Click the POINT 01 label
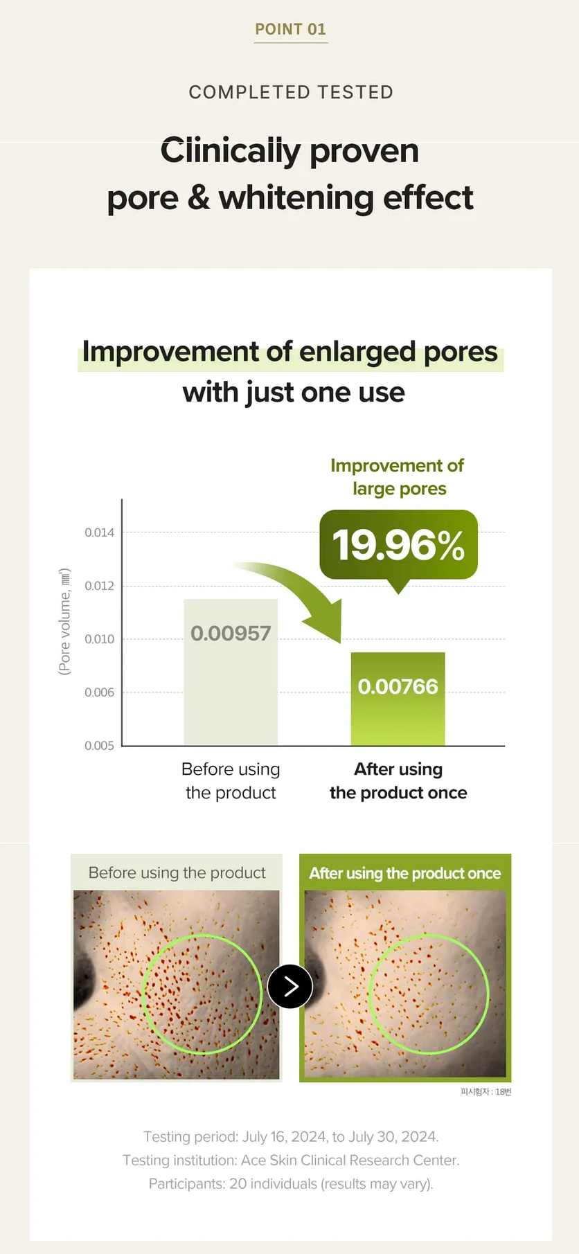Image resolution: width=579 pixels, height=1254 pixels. pyautogui.click(x=290, y=29)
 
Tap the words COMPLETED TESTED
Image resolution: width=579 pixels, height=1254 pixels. pyautogui.click(x=291, y=92)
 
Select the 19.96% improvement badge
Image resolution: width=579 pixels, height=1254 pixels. pyautogui.click(x=398, y=545)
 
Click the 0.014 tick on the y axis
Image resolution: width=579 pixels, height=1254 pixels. pyautogui.click(x=100, y=532)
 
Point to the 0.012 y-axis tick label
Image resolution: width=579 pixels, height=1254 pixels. pyautogui.click(x=100, y=586)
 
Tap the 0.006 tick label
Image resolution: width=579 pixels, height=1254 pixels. pyautogui.click(x=100, y=692)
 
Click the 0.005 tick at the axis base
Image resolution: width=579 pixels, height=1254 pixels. pyautogui.click(x=100, y=746)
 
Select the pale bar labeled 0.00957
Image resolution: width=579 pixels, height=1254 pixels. pyautogui.click(x=231, y=672)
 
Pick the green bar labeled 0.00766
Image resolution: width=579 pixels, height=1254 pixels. pyautogui.click(x=398, y=699)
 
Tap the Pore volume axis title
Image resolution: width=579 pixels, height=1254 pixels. pyautogui.click(x=64, y=621)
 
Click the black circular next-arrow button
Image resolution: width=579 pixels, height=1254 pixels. pyautogui.click(x=289, y=986)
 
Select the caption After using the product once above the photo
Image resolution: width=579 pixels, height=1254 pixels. pyautogui.click(x=405, y=873)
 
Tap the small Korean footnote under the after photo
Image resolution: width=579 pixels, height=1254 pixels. pyautogui.click(x=486, y=1092)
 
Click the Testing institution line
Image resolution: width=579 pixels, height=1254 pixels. pyautogui.click(x=291, y=1160)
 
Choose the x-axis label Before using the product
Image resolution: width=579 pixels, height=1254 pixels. pyautogui.click(x=231, y=781)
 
